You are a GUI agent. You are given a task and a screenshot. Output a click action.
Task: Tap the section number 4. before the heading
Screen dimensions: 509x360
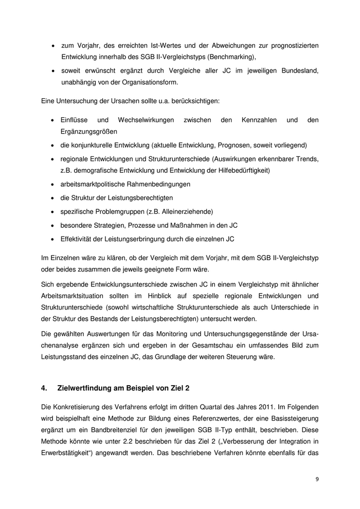point(45,387)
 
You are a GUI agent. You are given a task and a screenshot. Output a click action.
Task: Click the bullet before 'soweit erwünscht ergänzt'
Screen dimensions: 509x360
point(53,70)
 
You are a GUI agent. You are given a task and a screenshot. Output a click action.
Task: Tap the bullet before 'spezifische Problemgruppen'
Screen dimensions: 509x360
point(53,211)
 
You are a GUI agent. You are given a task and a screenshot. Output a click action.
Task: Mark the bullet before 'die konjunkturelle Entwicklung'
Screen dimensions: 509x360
point(53,144)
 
